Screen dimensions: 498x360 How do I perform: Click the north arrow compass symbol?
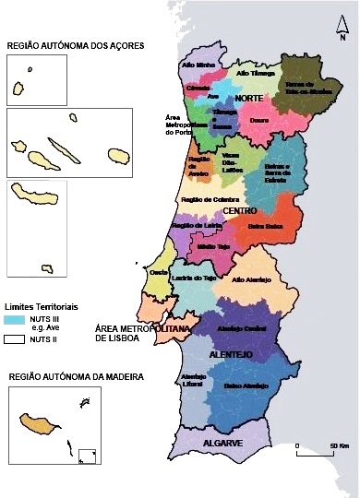pos(342,32)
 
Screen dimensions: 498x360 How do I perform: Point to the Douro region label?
pos(260,120)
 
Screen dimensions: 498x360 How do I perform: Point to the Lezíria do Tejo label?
pos(195,279)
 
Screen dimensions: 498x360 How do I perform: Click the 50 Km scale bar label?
pos(337,445)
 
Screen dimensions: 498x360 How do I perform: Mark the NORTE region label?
pos(248,98)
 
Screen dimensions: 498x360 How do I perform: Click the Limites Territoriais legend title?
pos(40,305)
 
